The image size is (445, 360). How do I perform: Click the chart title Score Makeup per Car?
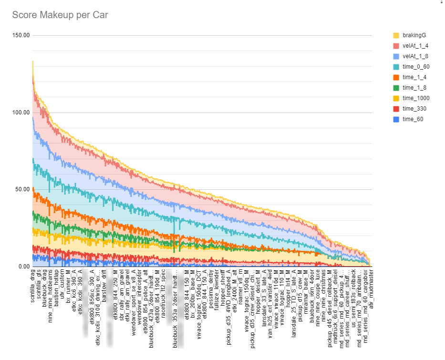click(60, 15)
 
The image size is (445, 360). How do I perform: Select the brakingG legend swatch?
click(396, 36)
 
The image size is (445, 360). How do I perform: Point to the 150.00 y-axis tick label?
click(21, 35)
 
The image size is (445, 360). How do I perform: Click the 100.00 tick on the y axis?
click(21, 113)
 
